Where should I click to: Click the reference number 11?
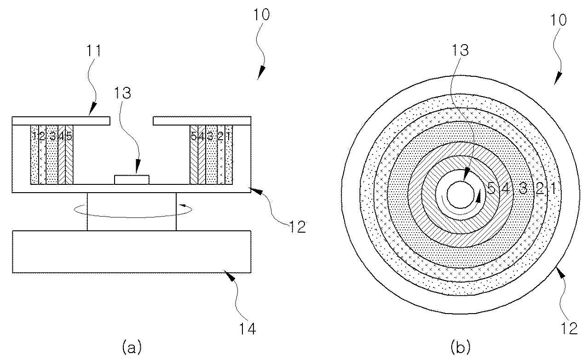click(93, 51)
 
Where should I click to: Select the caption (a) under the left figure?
click(132, 347)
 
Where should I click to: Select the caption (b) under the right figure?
click(460, 347)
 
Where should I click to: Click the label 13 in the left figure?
click(122, 93)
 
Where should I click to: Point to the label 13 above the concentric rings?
click(460, 50)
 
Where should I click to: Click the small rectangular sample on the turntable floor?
click(132, 180)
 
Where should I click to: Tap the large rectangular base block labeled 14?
click(132, 251)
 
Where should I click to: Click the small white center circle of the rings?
click(460, 195)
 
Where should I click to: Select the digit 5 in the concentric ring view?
click(491, 188)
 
